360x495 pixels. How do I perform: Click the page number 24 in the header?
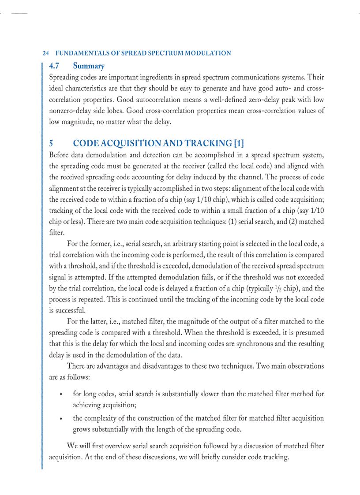[x=45, y=53]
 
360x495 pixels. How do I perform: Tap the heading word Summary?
[x=89, y=66]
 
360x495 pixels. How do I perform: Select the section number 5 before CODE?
[x=51, y=143]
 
